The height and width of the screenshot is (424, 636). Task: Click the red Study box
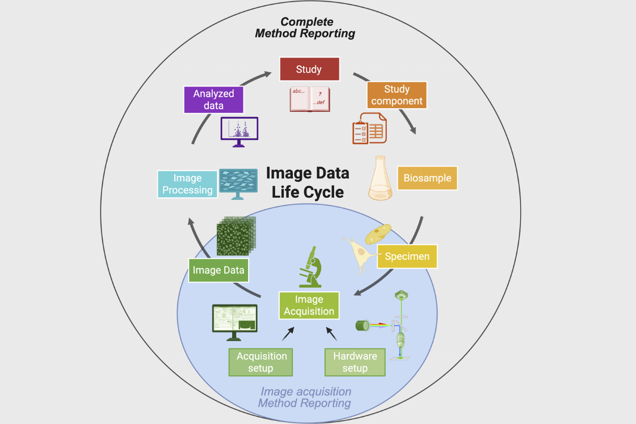(309, 69)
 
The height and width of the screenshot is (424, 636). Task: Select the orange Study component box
(397, 95)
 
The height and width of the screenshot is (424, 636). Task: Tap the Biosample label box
(427, 178)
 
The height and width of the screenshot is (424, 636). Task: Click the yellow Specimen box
(407, 256)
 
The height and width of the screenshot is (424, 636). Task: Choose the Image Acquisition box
(309, 305)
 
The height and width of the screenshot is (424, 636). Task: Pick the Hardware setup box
(355, 362)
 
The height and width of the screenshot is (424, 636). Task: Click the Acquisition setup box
(261, 362)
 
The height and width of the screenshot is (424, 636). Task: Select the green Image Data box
(218, 270)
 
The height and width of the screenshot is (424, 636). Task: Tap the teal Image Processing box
(187, 184)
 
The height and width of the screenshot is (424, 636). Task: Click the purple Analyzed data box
(213, 99)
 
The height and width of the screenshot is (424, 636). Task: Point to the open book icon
(310, 99)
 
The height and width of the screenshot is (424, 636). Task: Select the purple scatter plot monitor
(239, 131)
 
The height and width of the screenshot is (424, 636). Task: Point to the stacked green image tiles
(236, 236)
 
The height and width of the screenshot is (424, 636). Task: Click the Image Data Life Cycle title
(308, 182)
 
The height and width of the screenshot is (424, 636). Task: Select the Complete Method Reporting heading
(306, 28)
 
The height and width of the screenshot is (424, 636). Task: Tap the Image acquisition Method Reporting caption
(305, 397)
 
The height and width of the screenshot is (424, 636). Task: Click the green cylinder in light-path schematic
(362, 326)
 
